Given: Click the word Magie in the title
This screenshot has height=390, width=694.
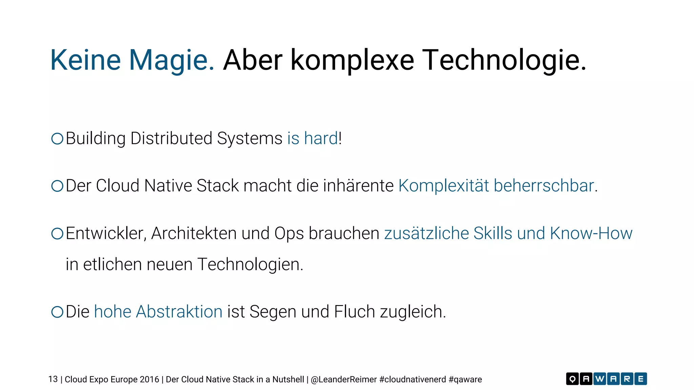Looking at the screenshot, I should tap(171, 60).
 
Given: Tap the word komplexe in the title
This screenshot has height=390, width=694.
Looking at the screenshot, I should tap(352, 60).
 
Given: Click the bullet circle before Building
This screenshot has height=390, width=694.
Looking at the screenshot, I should tap(57, 138).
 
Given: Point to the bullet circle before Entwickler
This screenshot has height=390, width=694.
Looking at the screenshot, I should tap(57, 234).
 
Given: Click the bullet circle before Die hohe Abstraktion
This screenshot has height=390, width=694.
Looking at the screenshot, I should tap(57, 312).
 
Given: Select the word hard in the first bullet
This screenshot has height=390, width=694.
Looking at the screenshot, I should tap(321, 138).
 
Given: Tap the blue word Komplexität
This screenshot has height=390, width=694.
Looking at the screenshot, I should tap(444, 186).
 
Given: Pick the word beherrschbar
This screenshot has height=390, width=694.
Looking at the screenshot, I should tap(544, 186).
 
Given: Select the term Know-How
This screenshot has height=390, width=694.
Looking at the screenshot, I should tap(591, 234).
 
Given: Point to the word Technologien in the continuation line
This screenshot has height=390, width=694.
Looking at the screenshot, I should tap(250, 264).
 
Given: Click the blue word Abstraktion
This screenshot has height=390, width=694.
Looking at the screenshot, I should tap(179, 312).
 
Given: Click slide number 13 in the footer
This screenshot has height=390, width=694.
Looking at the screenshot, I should tap(53, 380).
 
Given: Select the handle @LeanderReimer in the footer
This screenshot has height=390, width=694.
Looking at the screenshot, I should tap(344, 380).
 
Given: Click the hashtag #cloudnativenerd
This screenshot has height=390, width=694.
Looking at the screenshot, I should tap(413, 380).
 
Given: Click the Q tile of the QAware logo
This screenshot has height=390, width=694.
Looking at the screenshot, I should tap(572, 379).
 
